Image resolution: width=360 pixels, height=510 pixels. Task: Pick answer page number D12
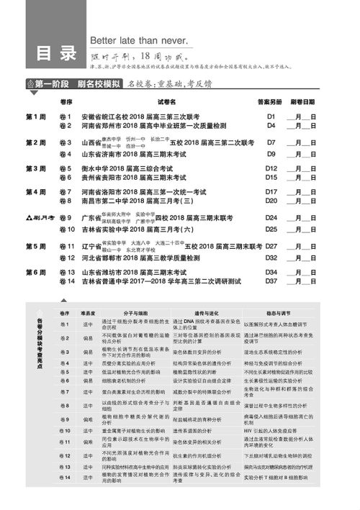click(x=271, y=168)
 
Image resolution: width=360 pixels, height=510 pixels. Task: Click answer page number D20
click(x=271, y=202)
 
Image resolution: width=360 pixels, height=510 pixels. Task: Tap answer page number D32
click(x=271, y=257)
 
